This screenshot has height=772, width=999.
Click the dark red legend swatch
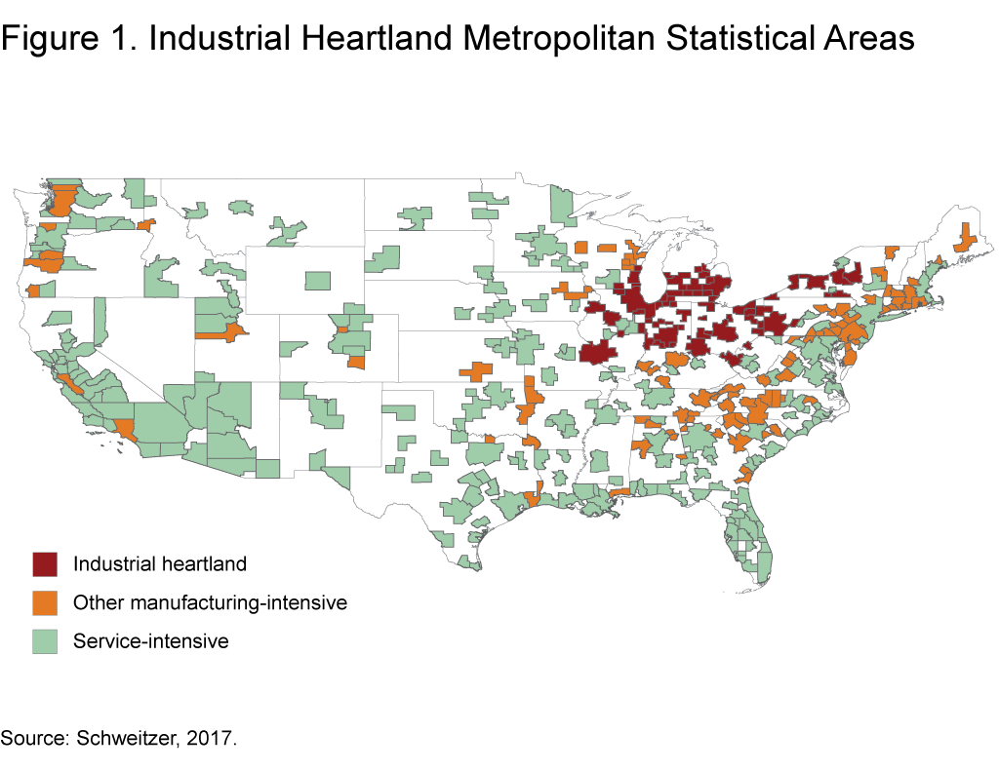pos(45,564)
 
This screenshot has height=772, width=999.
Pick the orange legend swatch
pos(45,603)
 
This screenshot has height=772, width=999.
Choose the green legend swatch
pos(45,641)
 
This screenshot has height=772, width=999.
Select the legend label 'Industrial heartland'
pos(160,564)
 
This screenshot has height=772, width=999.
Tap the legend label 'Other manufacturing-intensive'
pos(210,603)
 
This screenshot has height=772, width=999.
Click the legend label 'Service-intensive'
pos(151,641)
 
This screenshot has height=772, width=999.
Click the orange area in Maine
pos(965,238)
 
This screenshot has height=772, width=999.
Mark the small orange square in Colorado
pos(356,363)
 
